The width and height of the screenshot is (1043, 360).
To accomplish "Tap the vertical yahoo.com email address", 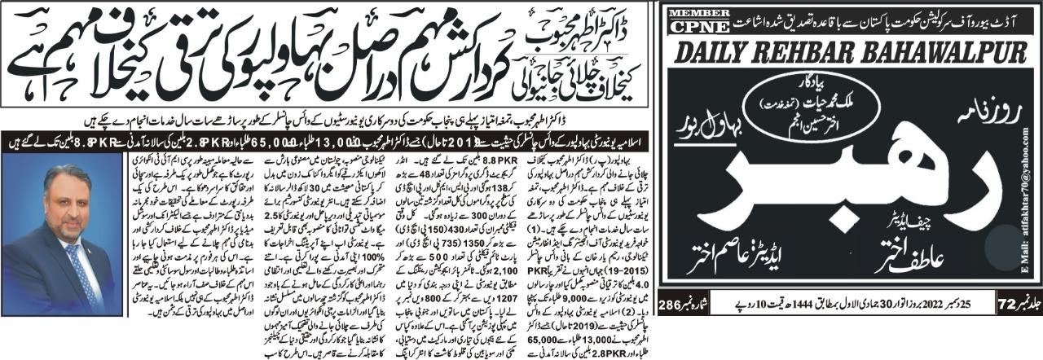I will click(1032, 212).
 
